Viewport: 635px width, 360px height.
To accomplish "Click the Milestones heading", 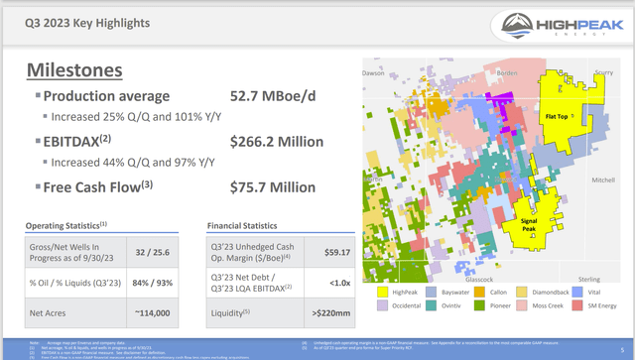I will click(x=74, y=69).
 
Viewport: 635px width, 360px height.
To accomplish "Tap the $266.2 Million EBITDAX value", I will click(x=278, y=141).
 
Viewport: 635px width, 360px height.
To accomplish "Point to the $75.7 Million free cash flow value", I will click(x=274, y=185).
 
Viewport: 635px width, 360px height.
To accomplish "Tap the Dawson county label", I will click(x=373, y=72).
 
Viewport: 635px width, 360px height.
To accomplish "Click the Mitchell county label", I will click(x=602, y=180).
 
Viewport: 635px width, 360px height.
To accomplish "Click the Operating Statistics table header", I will click(x=65, y=225).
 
